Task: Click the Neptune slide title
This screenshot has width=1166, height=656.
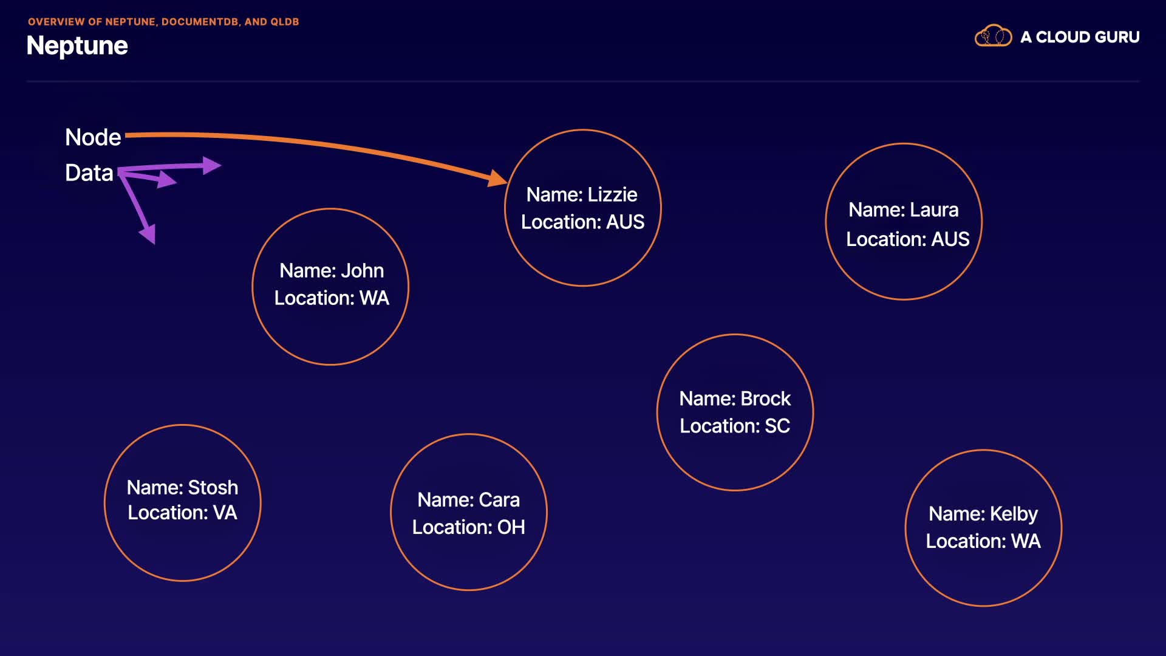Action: [77, 46]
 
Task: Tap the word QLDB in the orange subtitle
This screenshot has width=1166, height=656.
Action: [284, 22]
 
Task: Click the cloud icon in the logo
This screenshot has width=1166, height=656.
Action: [993, 36]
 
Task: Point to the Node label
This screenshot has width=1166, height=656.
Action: [93, 137]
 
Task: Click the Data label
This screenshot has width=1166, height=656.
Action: [89, 173]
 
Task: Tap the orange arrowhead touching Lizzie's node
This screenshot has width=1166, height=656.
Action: [498, 178]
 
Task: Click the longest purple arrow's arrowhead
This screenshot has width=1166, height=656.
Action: [211, 165]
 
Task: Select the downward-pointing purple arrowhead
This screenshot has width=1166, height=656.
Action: [148, 233]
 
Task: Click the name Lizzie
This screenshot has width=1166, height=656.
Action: [612, 194]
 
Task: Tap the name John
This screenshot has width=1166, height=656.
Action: [362, 270]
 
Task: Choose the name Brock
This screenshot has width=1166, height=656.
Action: [765, 398]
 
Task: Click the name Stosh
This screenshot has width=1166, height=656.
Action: [213, 487]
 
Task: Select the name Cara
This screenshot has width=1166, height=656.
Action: [499, 499]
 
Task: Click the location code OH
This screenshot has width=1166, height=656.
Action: [511, 527]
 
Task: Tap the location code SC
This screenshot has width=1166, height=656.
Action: [777, 426]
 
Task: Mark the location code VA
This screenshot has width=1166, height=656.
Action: [225, 513]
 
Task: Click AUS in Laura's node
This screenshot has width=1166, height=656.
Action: [950, 239]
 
